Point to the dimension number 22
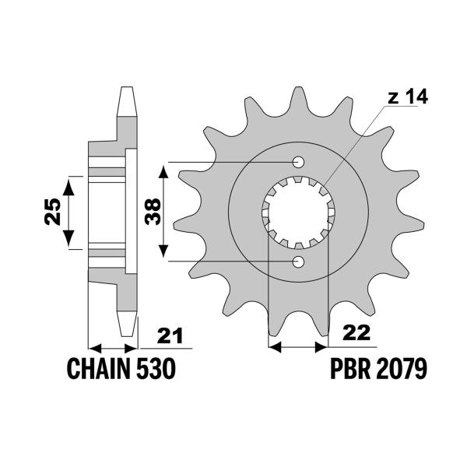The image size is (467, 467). [x=356, y=333]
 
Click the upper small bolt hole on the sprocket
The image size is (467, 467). [x=298, y=162]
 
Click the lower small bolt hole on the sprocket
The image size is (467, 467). [x=298, y=261]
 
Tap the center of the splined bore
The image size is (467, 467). [x=297, y=212]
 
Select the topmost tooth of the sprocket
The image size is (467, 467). [x=298, y=97]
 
